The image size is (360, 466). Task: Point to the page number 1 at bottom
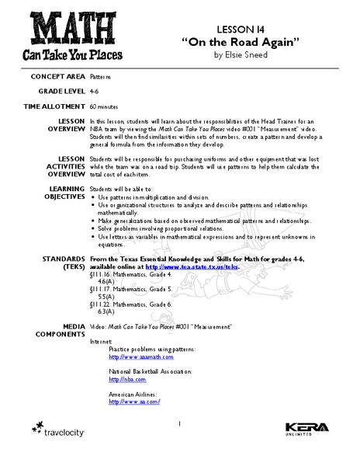tap(178, 424)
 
